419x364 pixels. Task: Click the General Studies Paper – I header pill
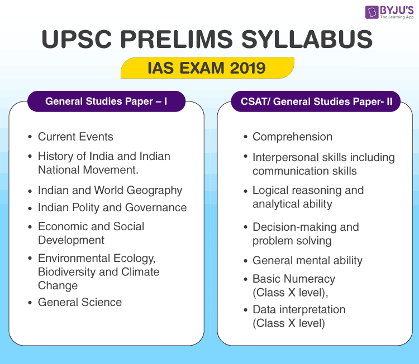tap(106, 101)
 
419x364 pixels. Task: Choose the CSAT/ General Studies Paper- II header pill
tap(316, 101)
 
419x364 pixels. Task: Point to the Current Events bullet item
tap(75, 137)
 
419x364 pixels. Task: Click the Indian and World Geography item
tap(110, 190)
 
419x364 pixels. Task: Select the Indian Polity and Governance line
tap(112, 207)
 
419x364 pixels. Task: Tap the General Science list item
tap(80, 302)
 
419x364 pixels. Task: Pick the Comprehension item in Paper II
tap(292, 137)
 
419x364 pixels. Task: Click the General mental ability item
tap(307, 260)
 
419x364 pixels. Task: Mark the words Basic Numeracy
tap(294, 279)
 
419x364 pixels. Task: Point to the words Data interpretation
tap(299, 309)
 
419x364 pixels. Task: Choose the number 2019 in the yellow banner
tap(247, 68)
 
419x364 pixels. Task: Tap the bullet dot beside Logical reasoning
tap(246, 191)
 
